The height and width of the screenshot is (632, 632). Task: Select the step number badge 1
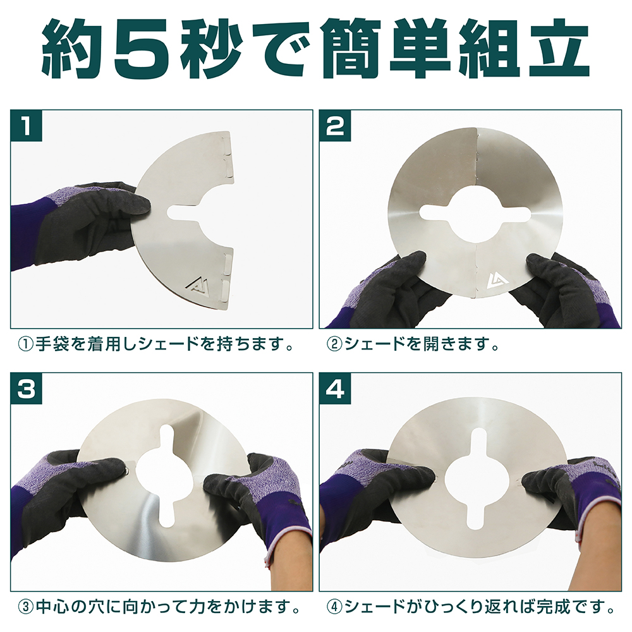point(27,125)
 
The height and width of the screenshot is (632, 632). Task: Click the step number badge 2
point(335,125)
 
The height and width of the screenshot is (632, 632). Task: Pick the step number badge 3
point(27,389)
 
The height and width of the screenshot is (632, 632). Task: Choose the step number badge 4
point(335,389)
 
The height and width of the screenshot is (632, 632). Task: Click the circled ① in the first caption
point(26,345)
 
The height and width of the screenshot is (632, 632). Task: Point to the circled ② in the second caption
point(334,345)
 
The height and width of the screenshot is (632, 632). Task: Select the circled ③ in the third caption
point(26,607)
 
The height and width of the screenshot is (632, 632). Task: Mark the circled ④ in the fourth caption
point(334,607)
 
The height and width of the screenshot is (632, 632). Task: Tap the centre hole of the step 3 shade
point(172,476)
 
